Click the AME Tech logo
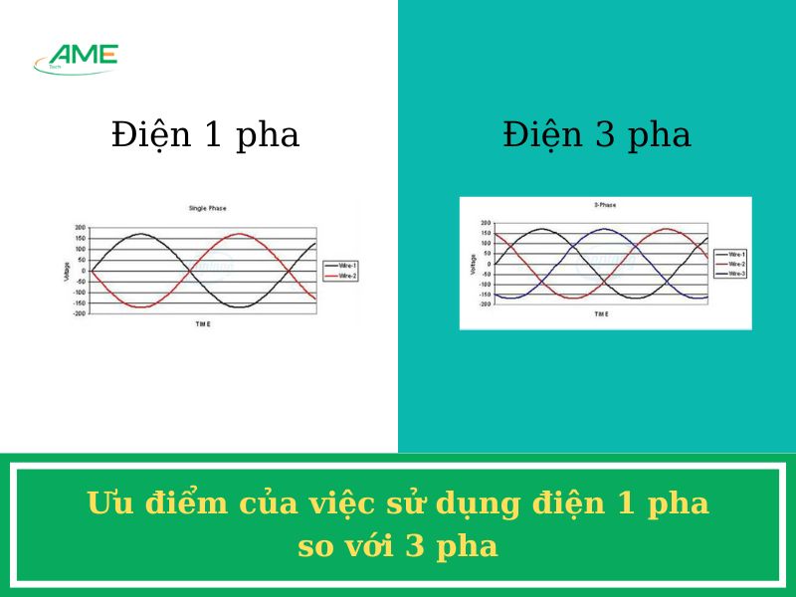coord(77,59)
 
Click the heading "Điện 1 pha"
coord(205,135)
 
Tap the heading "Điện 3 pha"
coord(597,135)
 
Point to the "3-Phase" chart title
coord(605,205)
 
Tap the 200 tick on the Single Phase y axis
coord(80,228)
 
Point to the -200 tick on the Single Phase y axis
coord(79,313)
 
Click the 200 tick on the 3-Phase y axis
coord(486,223)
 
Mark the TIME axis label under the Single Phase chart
coord(202,324)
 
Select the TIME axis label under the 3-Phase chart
coord(601,314)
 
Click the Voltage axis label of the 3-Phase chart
coord(473,264)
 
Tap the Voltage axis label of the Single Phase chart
coord(68,271)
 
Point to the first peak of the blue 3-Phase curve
coord(605,229)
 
